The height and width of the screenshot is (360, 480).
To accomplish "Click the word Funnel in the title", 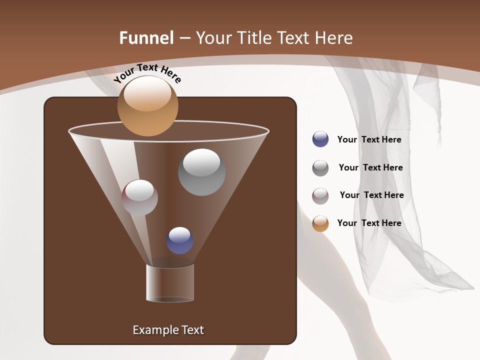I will tap(146, 38).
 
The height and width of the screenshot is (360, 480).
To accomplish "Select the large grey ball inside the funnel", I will tap(201, 172).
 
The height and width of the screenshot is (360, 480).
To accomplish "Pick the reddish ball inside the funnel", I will tap(139, 197).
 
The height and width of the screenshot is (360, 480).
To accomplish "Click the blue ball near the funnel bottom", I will tap(179, 240).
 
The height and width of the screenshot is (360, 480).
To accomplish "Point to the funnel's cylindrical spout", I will tap(170, 282).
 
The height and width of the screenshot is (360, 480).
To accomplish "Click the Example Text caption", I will tap(168, 330).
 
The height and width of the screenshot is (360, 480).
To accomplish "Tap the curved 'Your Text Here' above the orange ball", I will tap(147, 73).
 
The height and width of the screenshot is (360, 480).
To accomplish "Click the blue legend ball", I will tap(320, 139).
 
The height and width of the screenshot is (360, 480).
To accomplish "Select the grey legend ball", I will tap(320, 167).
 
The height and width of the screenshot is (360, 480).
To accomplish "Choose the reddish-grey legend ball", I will tap(320, 195).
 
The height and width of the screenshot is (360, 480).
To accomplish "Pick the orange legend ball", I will tap(320, 223).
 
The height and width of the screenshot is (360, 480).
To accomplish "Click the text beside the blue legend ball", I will tap(369, 140).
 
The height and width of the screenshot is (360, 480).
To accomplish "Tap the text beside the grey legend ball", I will tap(370, 168).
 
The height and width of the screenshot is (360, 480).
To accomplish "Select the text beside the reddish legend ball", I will tap(371, 195).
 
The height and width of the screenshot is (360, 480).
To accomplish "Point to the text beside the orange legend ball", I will tap(369, 223).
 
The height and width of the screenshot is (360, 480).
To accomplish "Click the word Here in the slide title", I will tap(334, 38).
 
